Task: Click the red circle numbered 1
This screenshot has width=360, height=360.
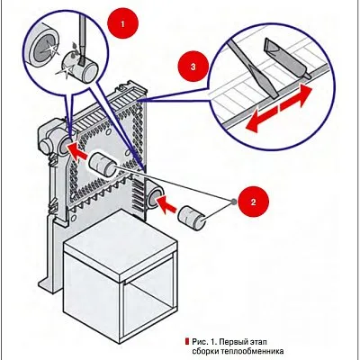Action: point(122,23)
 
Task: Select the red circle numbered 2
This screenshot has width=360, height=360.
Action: point(253,202)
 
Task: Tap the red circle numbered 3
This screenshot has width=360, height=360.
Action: point(193,67)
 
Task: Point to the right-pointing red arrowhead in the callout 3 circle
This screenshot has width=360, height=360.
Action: point(296,98)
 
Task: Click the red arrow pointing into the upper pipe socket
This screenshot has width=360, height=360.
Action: point(76,150)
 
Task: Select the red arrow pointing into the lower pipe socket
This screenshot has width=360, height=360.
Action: point(166,205)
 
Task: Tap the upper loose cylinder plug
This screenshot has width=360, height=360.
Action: point(103,165)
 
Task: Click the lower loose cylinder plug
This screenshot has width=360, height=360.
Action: point(192,218)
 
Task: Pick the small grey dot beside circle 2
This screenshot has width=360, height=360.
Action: point(232,202)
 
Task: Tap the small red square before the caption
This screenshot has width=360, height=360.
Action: point(187,341)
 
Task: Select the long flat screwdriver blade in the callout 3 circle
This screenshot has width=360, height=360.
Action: point(254,68)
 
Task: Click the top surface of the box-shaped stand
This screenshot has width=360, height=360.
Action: point(120,241)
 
